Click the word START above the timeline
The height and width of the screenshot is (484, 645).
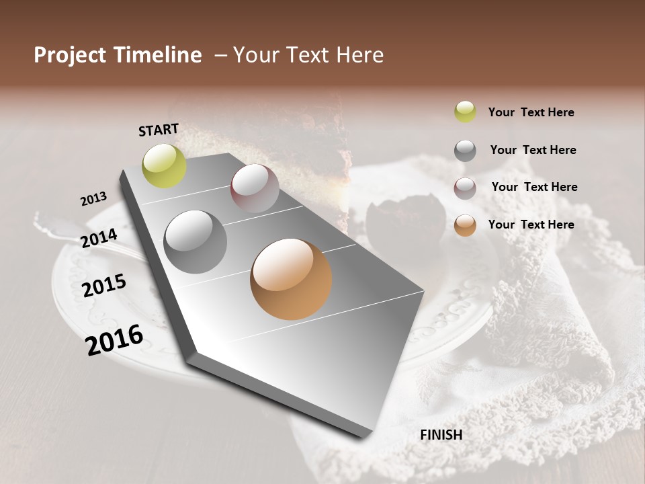click(x=159, y=130)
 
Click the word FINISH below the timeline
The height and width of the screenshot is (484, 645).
click(x=441, y=435)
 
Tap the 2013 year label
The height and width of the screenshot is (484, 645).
click(x=93, y=199)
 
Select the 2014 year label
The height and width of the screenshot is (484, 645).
click(x=99, y=238)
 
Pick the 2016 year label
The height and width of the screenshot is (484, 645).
click(x=114, y=340)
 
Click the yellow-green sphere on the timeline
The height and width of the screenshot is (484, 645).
click(x=164, y=165)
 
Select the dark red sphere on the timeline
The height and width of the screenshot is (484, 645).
click(x=255, y=188)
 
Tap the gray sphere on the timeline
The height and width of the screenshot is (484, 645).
click(x=196, y=241)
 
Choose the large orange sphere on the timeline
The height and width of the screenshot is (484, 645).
click(x=291, y=279)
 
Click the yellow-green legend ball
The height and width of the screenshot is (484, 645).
click(x=465, y=112)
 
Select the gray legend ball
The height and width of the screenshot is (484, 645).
click(x=465, y=151)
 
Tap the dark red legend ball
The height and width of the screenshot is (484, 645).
click(x=465, y=188)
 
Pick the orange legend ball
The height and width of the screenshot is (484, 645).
click(x=465, y=225)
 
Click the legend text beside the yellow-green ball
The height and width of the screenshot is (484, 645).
click(x=531, y=113)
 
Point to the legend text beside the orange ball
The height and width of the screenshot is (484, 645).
click(x=531, y=225)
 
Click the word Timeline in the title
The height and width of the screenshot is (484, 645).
click(x=158, y=55)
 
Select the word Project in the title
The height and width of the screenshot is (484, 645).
click(x=71, y=55)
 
